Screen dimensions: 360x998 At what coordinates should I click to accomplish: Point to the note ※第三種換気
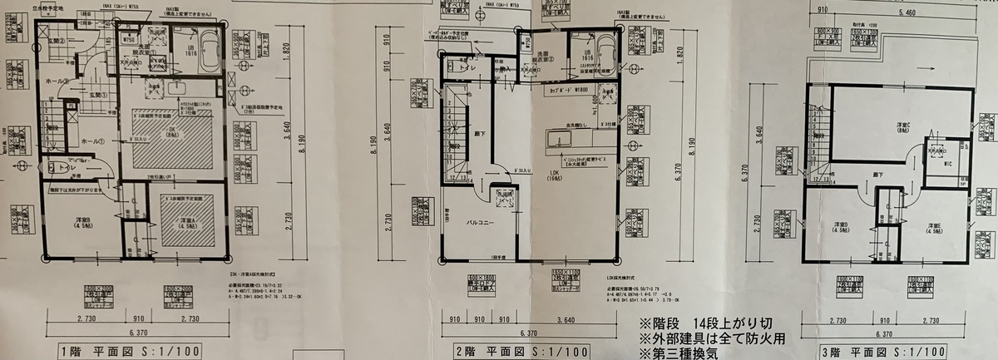click(x=678, y=352)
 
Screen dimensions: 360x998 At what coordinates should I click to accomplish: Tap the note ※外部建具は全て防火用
click(x=712, y=338)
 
